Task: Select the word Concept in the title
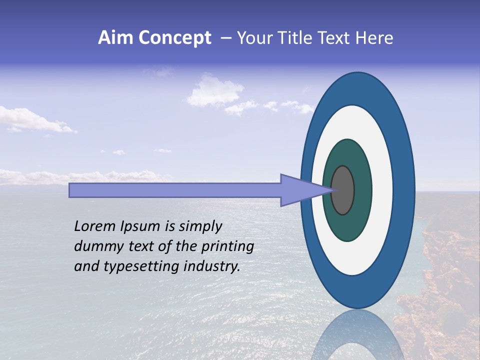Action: tap(174, 38)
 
